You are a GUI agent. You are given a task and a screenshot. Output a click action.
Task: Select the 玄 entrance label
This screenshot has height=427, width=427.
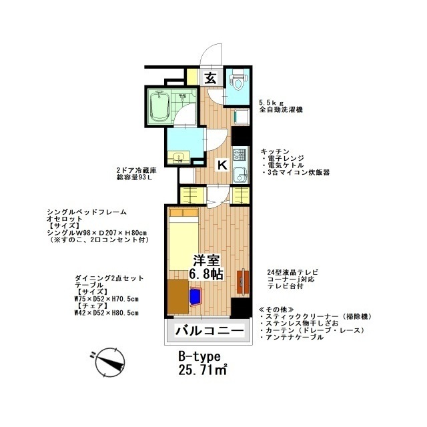point(210,78)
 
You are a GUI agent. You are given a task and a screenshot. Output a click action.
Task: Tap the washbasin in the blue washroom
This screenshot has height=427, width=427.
point(179,157)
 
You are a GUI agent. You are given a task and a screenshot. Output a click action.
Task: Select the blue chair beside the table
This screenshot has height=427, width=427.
point(197,296)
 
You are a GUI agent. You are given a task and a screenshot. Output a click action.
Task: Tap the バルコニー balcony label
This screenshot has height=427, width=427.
point(207,330)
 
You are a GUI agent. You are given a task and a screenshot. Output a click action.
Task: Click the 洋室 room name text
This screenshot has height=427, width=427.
point(205,261)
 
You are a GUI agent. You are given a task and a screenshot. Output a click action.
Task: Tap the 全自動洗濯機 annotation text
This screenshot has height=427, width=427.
point(280,109)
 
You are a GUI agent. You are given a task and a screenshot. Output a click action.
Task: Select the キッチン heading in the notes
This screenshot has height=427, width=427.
point(274,151)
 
